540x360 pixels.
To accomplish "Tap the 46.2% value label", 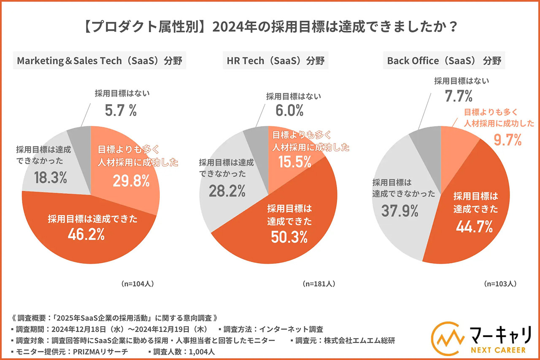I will pyautogui.click(x=86, y=235).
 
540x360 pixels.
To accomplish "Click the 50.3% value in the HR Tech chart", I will pyautogui.click(x=289, y=238).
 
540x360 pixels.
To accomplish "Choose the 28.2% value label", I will pyautogui.click(x=227, y=191).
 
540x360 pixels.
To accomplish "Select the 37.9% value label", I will pyautogui.click(x=400, y=210).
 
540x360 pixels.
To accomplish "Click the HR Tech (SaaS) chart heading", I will pyautogui.click(x=276, y=61).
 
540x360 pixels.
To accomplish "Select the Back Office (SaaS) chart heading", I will pyautogui.click(x=445, y=61).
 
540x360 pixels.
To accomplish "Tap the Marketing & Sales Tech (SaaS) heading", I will pyautogui.click(x=99, y=61).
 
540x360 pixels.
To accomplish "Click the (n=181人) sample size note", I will pyautogui.click(x=319, y=284).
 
